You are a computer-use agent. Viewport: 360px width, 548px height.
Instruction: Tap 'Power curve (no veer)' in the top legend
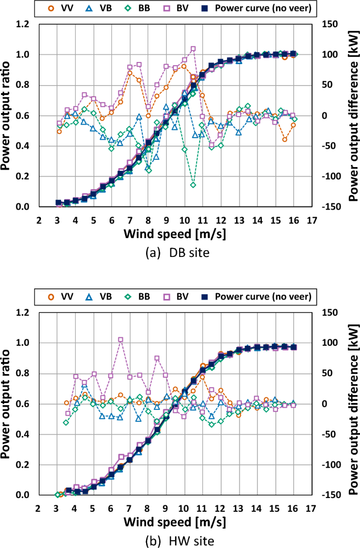(263, 9)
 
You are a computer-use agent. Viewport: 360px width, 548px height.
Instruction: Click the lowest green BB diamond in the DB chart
(193, 185)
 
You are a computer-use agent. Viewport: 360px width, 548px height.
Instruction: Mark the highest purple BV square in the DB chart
(193, 49)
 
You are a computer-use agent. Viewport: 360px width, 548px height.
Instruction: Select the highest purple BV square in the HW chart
(121, 339)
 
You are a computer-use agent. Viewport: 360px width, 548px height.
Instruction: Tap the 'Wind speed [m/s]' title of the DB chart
(176, 233)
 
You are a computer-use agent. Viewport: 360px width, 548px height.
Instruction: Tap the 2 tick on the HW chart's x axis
(38, 508)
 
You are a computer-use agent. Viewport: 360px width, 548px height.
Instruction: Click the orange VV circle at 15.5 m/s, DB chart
(285, 139)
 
